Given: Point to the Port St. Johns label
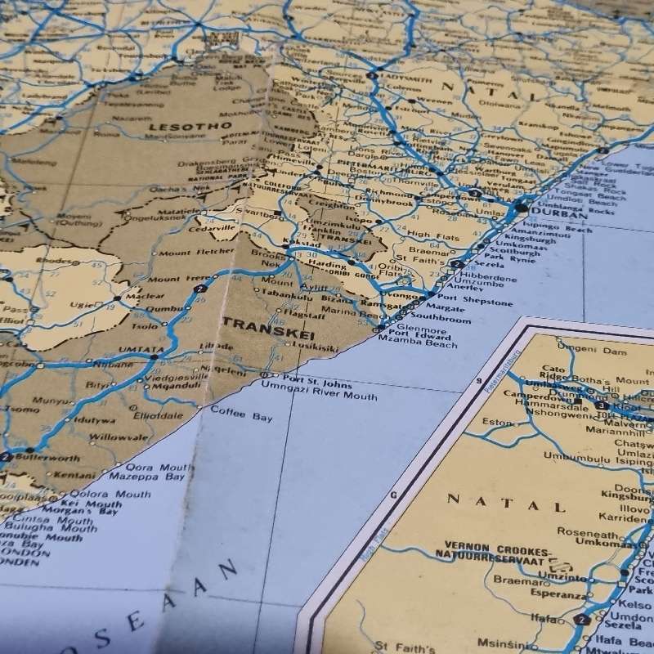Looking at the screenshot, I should point(319,384).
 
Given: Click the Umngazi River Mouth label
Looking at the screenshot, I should point(320,396).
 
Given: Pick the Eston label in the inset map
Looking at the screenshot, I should point(498,422).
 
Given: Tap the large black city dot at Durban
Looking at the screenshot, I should point(522,208).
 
